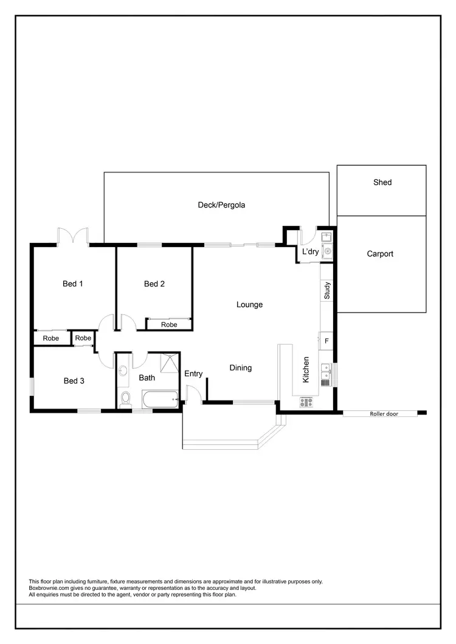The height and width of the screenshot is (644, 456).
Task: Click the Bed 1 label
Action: click(73, 283)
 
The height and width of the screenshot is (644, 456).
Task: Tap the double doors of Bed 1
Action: click(73, 236)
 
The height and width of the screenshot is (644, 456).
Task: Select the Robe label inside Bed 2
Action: click(169, 325)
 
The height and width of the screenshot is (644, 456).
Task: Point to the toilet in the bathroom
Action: click(126, 398)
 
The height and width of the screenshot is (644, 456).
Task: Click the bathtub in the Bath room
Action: click(160, 400)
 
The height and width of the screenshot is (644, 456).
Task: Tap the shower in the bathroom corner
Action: click(170, 362)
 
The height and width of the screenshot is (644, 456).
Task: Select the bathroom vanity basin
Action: click(124, 369)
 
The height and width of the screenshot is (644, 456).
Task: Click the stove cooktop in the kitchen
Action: click(306, 401)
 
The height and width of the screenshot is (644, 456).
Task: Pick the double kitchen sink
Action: click(326, 374)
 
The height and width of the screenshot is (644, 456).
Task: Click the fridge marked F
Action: click(326, 341)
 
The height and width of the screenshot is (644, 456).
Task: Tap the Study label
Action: click(326, 291)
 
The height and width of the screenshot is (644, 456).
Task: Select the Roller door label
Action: click(384, 414)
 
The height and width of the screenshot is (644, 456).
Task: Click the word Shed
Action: click(382, 182)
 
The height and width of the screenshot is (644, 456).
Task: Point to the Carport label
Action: click(380, 254)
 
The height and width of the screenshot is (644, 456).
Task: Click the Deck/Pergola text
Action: click(221, 205)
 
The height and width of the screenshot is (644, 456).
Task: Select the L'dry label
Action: click(311, 252)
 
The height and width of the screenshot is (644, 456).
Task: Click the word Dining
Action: click(240, 368)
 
